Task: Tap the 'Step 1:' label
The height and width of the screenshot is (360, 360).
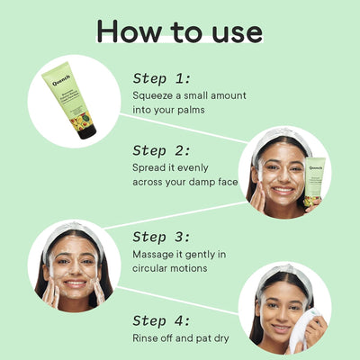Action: (x=162, y=78)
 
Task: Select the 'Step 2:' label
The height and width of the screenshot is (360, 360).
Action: (x=162, y=150)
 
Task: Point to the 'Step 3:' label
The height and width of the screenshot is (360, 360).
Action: (x=162, y=237)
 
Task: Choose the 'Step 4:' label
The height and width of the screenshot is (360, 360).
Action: (x=162, y=320)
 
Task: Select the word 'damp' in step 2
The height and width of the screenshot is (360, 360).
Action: (x=205, y=184)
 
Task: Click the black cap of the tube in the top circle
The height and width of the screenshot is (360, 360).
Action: (x=87, y=130)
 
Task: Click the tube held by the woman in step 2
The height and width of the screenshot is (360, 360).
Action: (x=316, y=181)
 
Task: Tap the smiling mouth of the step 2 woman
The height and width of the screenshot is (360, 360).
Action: (x=283, y=190)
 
